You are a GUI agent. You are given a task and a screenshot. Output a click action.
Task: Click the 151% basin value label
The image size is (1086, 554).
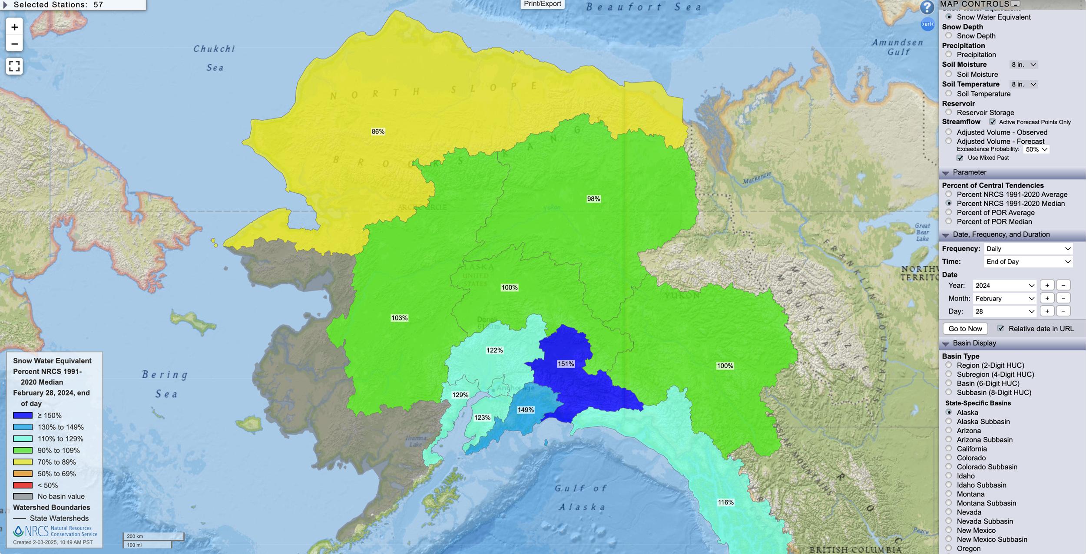click(x=566, y=364)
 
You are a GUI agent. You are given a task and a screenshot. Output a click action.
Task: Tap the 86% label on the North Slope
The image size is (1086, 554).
click(x=378, y=132)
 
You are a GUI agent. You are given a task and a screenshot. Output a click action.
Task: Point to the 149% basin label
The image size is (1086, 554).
click(x=526, y=410)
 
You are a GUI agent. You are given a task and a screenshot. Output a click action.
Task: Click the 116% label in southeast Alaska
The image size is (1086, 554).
click(x=725, y=502)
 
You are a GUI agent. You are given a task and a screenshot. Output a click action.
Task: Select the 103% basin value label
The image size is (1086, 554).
click(x=399, y=318)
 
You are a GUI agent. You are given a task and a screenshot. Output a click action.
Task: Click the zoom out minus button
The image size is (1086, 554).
click(x=14, y=44)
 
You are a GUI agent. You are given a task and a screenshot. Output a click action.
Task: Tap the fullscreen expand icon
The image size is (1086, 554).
click(x=14, y=66)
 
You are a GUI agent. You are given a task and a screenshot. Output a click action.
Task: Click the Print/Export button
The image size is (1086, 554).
click(x=542, y=4)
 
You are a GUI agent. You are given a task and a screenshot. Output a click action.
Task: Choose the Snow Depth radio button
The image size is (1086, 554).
click(x=949, y=36)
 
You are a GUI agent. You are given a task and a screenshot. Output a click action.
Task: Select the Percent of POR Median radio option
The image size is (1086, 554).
click(x=949, y=221)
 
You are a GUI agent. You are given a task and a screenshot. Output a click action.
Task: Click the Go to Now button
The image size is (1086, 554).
click(x=965, y=329)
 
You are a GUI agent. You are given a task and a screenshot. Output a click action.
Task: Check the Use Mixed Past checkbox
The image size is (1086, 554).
click(x=960, y=158)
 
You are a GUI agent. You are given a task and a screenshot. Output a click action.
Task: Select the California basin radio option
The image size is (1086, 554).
click(x=949, y=448)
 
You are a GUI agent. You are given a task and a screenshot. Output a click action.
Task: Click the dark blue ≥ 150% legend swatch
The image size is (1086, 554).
click(x=23, y=415)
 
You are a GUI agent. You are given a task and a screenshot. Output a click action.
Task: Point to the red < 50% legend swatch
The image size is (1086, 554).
click(x=23, y=485)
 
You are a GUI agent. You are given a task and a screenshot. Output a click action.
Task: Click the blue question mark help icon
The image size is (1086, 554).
click(x=927, y=7)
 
